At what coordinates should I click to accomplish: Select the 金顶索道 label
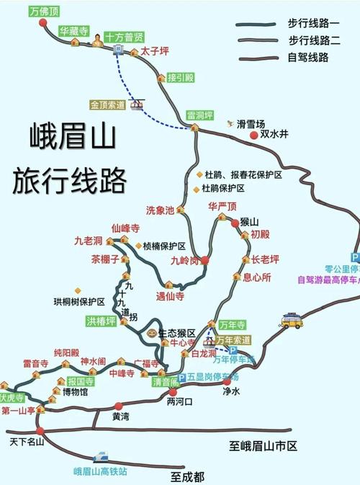coord(108,105)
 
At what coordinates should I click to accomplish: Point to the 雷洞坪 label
coord(201,115)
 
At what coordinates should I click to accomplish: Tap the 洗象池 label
coord(160,210)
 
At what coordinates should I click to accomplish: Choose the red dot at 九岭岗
coord(204,260)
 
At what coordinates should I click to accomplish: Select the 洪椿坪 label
coord(101,321)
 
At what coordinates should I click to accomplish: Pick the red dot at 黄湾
coord(119,406)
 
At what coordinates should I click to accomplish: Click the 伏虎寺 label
coord(13,397)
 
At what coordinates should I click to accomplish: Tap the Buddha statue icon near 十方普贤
coord(96,44)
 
